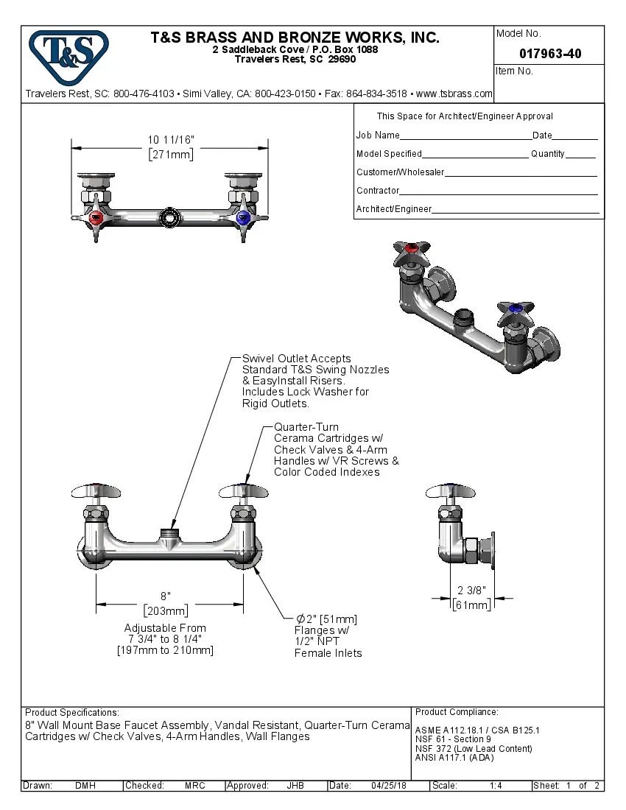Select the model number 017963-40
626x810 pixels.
tap(549, 54)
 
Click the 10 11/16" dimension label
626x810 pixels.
tap(171, 140)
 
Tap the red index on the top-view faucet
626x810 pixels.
tap(95, 219)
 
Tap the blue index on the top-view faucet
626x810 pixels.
tap(243, 219)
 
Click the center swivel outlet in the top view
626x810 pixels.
tap(169, 219)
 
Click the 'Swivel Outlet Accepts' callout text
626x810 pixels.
tap(297, 359)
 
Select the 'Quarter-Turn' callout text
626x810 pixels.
tap(306, 427)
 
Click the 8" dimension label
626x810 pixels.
tap(166, 596)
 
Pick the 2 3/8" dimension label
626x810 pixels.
tap(471, 591)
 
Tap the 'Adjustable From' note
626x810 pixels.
tap(165, 628)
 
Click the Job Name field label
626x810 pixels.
tap(378, 135)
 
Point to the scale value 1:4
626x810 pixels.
tap(496, 786)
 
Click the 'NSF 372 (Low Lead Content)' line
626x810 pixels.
tap(473, 749)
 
